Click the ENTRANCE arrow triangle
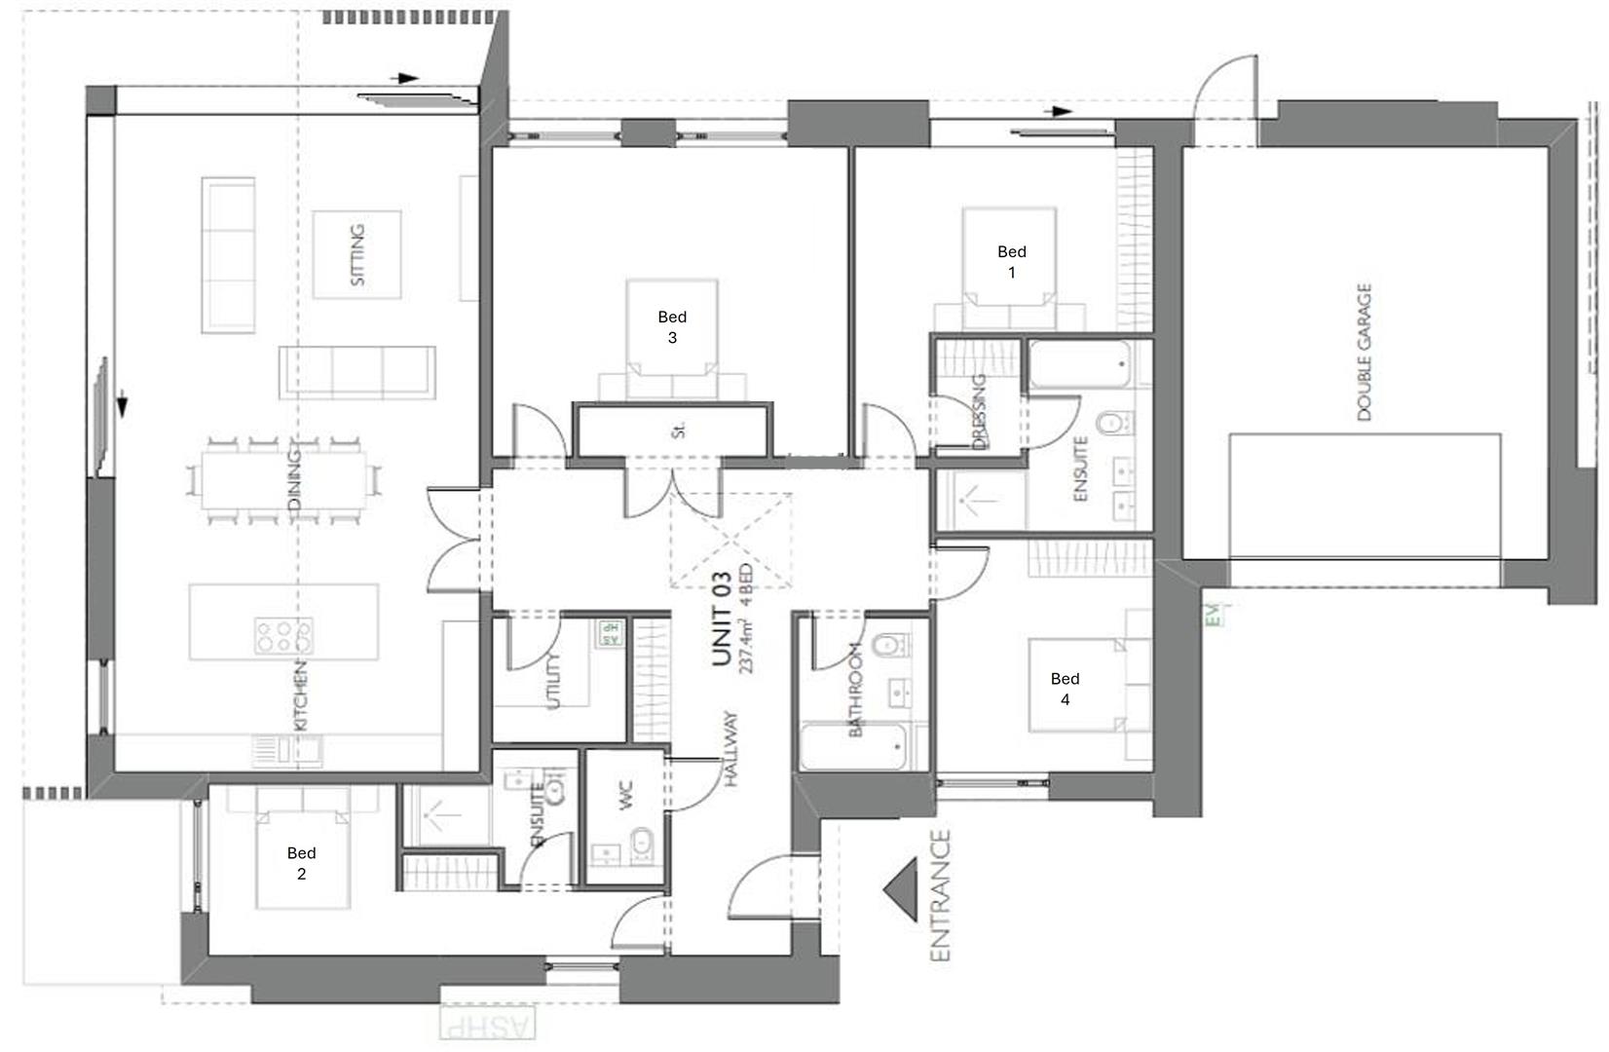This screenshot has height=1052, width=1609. tap(905, 890)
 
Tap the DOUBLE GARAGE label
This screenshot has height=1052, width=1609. tap(1364, 353)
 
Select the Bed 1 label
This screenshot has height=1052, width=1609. tap(1011, 262)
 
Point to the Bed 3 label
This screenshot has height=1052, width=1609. tap(672, 327)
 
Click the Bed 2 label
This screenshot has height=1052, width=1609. tap(301, 863)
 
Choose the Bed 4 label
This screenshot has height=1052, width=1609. tap(1065, 689)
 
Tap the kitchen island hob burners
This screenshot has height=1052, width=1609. tap(282, 635)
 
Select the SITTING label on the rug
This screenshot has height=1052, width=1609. tap(357, 255)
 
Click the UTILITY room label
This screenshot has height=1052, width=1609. tap(555, 681)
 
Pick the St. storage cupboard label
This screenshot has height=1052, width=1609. tap(679, 430)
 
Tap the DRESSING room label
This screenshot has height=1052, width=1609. tap(979, 412)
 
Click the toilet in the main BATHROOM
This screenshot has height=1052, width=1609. tap(888, 647)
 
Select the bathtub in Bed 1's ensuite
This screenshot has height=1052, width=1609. tap(1079, 365)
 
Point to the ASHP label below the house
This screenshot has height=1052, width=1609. tap(487, 1026)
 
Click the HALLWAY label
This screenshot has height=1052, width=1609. tap(731, 749)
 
